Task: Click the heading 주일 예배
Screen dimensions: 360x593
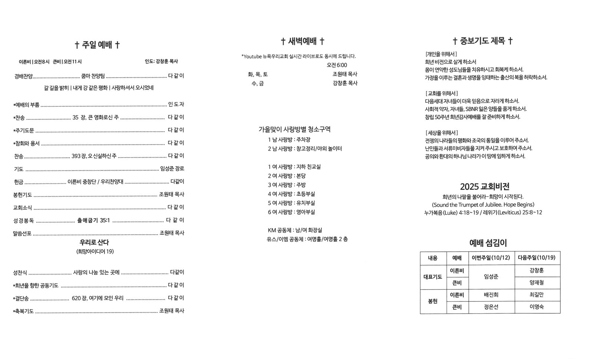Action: click(97, 45)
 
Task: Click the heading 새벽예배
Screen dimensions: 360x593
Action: click(303, 41)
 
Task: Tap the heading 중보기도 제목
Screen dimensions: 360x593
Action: click(483, 41)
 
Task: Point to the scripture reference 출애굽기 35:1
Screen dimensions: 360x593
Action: click(93, 220)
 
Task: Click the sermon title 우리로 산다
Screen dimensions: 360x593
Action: click(94, 242)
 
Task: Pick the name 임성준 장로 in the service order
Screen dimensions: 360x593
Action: click(172, 169)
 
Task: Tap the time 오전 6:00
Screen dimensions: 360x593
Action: click(337, 65)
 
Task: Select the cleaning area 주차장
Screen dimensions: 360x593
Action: click(304, 140)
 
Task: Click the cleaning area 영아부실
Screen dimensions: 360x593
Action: click(306, 212)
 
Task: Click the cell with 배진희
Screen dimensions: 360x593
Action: click(491, 295)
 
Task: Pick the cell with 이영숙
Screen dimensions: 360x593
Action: click(536, 307)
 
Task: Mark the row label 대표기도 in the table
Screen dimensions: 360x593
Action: click(433, 277)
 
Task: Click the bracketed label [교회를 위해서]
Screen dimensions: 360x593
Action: click(441, 93)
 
